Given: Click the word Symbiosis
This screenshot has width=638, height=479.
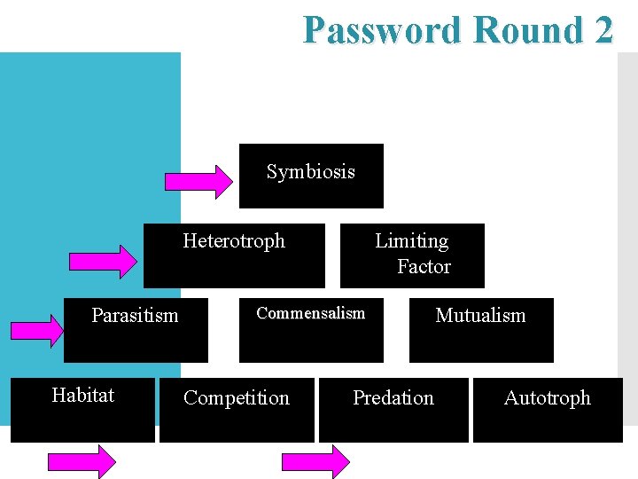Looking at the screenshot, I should (310, 172).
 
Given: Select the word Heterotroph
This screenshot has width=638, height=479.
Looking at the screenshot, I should (234, 241).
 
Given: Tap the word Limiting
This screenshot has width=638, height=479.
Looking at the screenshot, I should (411, 241).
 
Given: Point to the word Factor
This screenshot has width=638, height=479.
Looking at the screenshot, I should (424, 267).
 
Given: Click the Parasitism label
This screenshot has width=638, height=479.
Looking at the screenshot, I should (135, 315).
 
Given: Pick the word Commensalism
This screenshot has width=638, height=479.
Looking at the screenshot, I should (310, 313).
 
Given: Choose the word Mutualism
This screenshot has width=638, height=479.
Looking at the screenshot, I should (480, 316).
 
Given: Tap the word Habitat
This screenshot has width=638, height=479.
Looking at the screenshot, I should (82, 396).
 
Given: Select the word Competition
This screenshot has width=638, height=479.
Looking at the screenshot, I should (236, 398).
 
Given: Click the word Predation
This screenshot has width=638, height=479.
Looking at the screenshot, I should (393, 398).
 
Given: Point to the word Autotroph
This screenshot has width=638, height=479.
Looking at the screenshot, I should (547, 398).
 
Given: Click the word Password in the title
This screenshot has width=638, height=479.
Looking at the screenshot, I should (382, 30).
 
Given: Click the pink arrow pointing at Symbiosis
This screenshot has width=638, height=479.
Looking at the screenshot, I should (200, 181).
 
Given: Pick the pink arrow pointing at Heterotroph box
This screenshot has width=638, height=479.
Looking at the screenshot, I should (104, 262).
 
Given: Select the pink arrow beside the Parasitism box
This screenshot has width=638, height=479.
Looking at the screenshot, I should (37, 329).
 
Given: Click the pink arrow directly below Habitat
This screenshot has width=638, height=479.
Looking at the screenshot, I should (82, 462).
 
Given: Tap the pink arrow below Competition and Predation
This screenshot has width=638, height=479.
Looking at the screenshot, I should (315, 462).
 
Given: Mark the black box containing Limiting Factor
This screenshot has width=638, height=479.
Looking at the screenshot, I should (412, 255).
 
